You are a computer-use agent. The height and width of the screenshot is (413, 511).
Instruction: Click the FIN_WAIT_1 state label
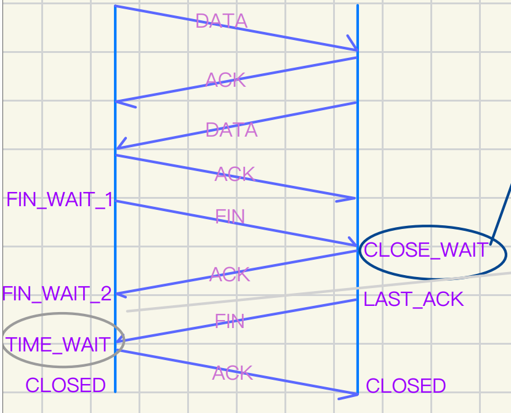click(x=60, y=200)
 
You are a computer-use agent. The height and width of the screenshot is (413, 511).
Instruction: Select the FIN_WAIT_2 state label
click(x=57, y=294)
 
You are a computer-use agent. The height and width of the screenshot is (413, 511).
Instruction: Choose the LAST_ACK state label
click(x=413, y=299)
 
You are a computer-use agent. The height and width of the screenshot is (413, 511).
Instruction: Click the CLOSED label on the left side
click(x=65, y=385)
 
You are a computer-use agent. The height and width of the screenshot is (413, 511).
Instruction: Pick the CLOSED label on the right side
click(x=406, y=386)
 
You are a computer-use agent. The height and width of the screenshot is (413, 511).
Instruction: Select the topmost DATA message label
click(x=221, y=22)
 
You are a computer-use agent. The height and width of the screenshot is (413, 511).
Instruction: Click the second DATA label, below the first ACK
click(x=231, y=130)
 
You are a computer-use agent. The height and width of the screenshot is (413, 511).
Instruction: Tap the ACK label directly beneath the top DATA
click(x=225, y=80)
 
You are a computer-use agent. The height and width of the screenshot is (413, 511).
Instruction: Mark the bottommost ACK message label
click(x=233, y=373)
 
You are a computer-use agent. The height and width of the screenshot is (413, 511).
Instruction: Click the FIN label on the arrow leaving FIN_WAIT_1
click(x=230, y=216)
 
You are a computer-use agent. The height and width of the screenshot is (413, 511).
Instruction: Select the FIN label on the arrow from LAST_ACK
click(x=230, y=321)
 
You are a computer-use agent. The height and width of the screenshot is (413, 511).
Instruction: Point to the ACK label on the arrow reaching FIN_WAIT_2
click(x=230, y=275)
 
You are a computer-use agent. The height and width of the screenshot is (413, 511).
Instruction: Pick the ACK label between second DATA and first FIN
click(x=234, y=174)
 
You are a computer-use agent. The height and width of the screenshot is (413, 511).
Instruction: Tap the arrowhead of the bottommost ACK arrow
click(x=354, y=393)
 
